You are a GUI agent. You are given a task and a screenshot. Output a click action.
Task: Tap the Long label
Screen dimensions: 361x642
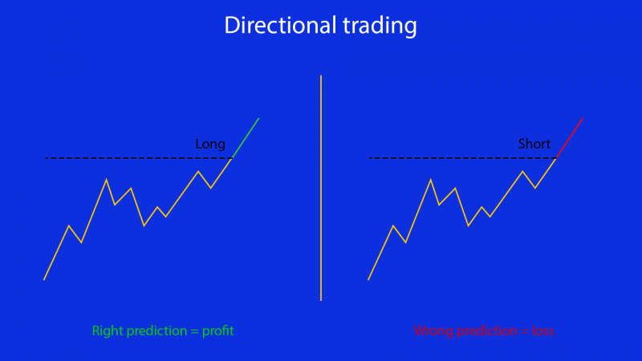210,144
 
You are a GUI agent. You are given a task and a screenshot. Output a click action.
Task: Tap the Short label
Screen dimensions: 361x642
534,144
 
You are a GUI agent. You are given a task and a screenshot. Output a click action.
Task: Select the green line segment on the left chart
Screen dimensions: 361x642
246,138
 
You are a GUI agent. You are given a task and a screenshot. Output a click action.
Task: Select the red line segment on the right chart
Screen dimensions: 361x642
570,138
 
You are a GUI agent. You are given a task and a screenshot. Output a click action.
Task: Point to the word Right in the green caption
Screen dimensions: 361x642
107,331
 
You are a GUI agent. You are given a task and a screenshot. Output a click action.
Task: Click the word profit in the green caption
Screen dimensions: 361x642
217,331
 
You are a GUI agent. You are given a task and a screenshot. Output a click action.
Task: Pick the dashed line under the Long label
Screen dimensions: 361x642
120,158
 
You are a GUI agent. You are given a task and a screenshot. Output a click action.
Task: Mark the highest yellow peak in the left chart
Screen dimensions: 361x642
231,159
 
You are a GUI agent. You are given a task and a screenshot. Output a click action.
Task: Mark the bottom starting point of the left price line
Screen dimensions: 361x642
43,279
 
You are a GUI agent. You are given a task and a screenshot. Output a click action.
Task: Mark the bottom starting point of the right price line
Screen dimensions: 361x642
368,279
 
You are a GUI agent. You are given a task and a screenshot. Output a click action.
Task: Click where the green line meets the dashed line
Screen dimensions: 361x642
232,158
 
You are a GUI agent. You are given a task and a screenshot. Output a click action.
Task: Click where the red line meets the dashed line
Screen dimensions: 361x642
556,158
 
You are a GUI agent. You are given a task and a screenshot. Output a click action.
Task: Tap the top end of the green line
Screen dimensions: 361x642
258,119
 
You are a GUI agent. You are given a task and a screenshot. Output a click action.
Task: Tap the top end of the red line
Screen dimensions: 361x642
583,119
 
